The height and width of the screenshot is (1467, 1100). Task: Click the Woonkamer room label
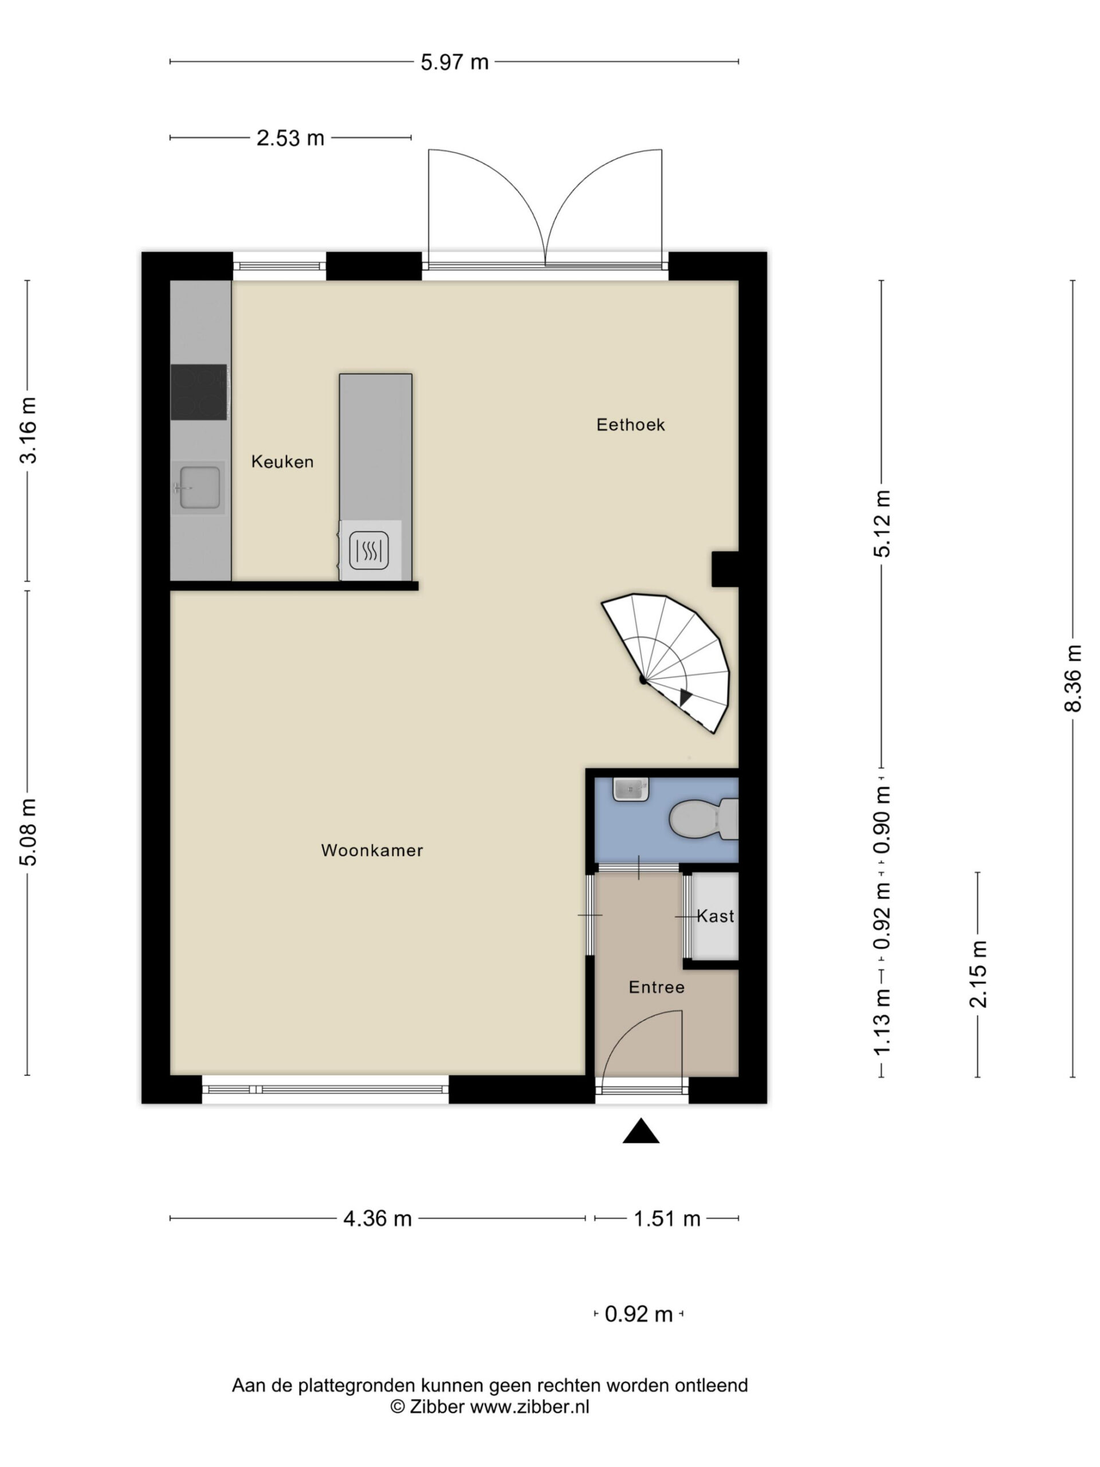(x=372, y=850)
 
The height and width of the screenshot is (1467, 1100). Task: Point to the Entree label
(x=657, y=987)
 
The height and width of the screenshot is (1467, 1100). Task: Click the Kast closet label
(x=716, y=916)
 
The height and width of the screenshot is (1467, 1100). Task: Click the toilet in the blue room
(x=704, y=819)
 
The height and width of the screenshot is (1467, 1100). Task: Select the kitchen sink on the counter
(x=198, y=488)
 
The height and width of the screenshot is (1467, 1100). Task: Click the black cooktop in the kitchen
(x=199, y=392)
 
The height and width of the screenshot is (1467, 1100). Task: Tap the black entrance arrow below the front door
(x=641, y=1131)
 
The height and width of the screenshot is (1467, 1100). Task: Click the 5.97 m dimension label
(x=455, y=62)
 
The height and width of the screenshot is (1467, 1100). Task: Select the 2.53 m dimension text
(x=290, y=138)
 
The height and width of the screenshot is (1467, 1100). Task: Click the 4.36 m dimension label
(x=378, y=1218)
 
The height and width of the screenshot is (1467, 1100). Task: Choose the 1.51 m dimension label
(x=667, y=1218)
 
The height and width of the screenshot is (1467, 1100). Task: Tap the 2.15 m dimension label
(x=978, y=974)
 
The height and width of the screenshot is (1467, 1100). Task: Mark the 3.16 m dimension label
(x=28, y=430)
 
